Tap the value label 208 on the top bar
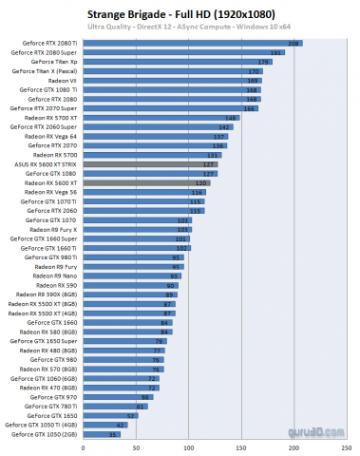click(x=294, y=44)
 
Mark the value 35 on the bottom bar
click(x=114, y=433)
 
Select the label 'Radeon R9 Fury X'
click(x=55, y=229)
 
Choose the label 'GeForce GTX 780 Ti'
click(x=53, y=406)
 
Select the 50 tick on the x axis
click(x=137, y=446)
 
